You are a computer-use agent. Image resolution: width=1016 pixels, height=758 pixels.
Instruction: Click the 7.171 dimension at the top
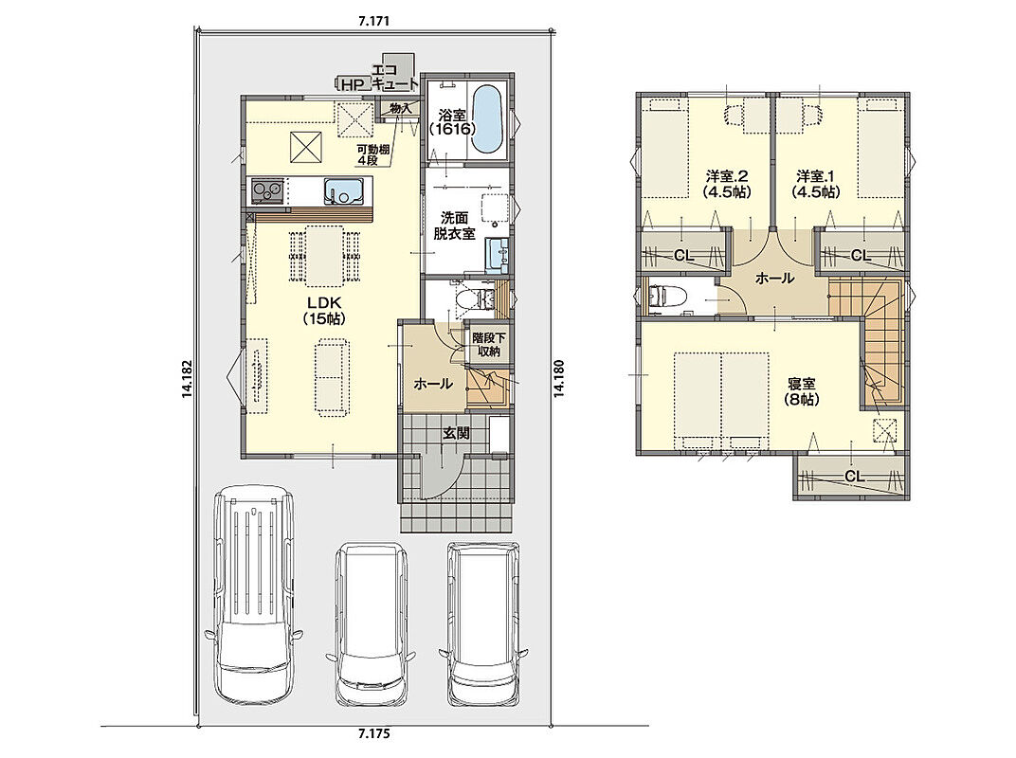point(373,21)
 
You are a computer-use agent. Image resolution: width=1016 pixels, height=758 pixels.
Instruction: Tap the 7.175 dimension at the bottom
point(373,734)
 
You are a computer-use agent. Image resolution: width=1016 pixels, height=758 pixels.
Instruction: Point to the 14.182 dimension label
point(187,379)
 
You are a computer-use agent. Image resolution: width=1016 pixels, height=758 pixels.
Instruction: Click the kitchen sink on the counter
point(345,190)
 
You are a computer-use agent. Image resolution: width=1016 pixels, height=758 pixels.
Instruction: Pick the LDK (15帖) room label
point(324,311)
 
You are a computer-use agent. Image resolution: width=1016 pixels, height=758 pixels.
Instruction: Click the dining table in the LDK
point(324,255)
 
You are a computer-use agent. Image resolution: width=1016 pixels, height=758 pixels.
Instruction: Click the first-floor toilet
point(468,298)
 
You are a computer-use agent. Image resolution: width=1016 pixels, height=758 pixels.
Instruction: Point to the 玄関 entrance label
point(456,433)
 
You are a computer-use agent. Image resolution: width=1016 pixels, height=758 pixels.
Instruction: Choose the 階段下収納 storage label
point(488,345)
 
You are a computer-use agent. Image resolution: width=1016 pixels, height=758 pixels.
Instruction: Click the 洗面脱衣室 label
point(454,226)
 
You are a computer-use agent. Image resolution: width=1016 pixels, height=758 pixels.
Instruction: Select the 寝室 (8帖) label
point(802,391)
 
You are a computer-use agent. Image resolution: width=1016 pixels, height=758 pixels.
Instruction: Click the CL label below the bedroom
point(854,477)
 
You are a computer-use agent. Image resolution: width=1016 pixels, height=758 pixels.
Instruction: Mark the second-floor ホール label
point(774,279)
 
